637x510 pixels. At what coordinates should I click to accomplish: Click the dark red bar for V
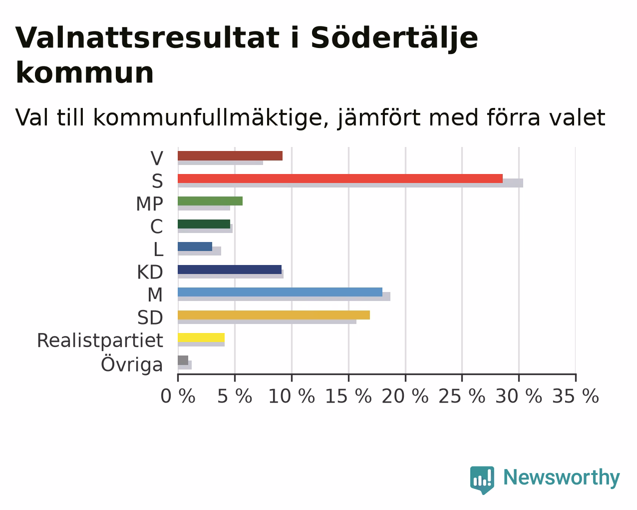point(230,155)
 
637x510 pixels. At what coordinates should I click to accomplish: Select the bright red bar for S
point(340,178)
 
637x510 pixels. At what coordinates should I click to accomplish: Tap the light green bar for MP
point(210,201)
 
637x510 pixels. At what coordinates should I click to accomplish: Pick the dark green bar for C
point(204,224)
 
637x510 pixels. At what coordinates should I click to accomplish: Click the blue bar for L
point(195,246)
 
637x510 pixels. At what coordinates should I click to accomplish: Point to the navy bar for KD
point(230,269)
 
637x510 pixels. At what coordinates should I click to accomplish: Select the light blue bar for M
point(280,292)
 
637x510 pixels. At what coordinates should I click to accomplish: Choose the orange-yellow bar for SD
point(274,315)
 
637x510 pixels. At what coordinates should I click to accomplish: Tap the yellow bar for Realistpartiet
point(201,337)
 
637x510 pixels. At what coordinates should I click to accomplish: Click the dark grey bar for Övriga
point(183,360)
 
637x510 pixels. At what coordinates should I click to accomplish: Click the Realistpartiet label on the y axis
point(100,340)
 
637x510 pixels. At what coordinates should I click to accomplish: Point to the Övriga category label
point(132,364)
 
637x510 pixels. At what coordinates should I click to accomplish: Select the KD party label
point(150,272)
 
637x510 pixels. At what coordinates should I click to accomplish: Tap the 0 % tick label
point(178,396)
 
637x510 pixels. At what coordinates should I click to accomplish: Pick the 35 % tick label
point(576,396)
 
